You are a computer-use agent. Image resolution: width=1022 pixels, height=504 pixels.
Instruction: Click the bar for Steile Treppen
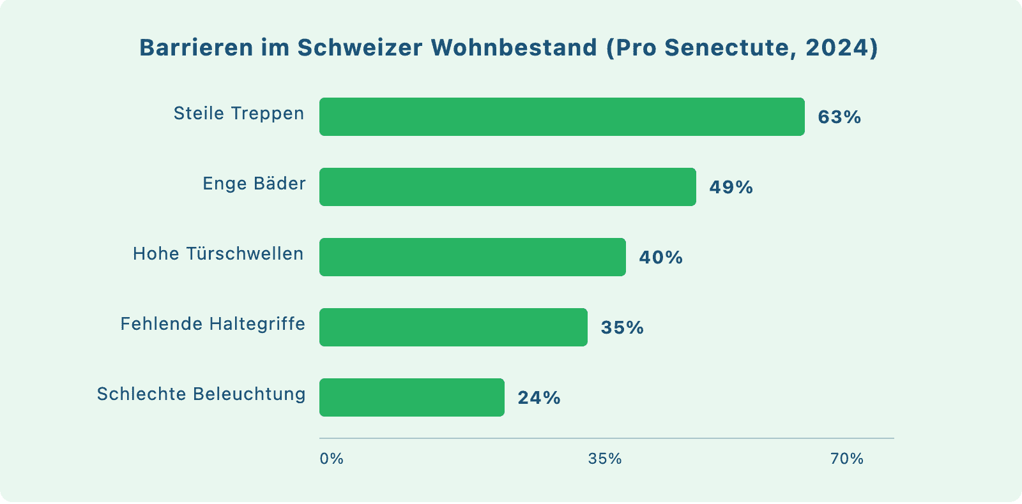pos(562,117)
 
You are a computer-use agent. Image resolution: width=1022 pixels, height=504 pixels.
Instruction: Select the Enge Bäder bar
pos(508,187)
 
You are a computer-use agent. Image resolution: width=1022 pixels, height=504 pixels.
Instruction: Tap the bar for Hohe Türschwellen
pos(473,257)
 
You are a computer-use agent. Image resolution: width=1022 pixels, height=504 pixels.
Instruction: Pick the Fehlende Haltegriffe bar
pos(454,327)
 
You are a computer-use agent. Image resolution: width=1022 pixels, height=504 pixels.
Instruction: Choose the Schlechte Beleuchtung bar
pos(412,397)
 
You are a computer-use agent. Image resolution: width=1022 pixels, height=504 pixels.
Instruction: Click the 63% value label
pos(839,117)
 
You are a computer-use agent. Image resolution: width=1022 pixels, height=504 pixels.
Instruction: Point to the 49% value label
pos(731,188)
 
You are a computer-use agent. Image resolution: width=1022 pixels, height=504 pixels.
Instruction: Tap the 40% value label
pos(660,258)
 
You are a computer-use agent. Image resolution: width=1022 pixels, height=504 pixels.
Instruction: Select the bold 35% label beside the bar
pos(622,328)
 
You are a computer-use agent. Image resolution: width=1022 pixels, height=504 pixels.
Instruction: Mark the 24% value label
pos(539,398)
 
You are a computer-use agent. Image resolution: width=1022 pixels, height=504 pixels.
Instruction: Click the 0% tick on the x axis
pos(332,459)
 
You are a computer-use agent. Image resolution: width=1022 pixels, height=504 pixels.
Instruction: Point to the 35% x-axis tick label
pos(605,459)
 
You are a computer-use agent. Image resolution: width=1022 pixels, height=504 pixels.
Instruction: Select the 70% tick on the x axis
pos(847,459)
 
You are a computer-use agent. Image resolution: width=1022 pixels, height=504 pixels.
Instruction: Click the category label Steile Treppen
pos(239,114)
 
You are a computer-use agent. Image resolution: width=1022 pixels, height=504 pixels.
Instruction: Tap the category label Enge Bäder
pos(254,184)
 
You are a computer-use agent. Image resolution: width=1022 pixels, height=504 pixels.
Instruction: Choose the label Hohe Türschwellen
pos(218,254)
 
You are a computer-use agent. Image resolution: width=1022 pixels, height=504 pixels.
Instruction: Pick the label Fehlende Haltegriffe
pos(213,324)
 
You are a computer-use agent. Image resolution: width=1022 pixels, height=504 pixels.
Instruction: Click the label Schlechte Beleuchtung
pos(201,394)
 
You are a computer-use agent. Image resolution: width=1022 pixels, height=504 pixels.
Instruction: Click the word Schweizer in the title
pos(360,48)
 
